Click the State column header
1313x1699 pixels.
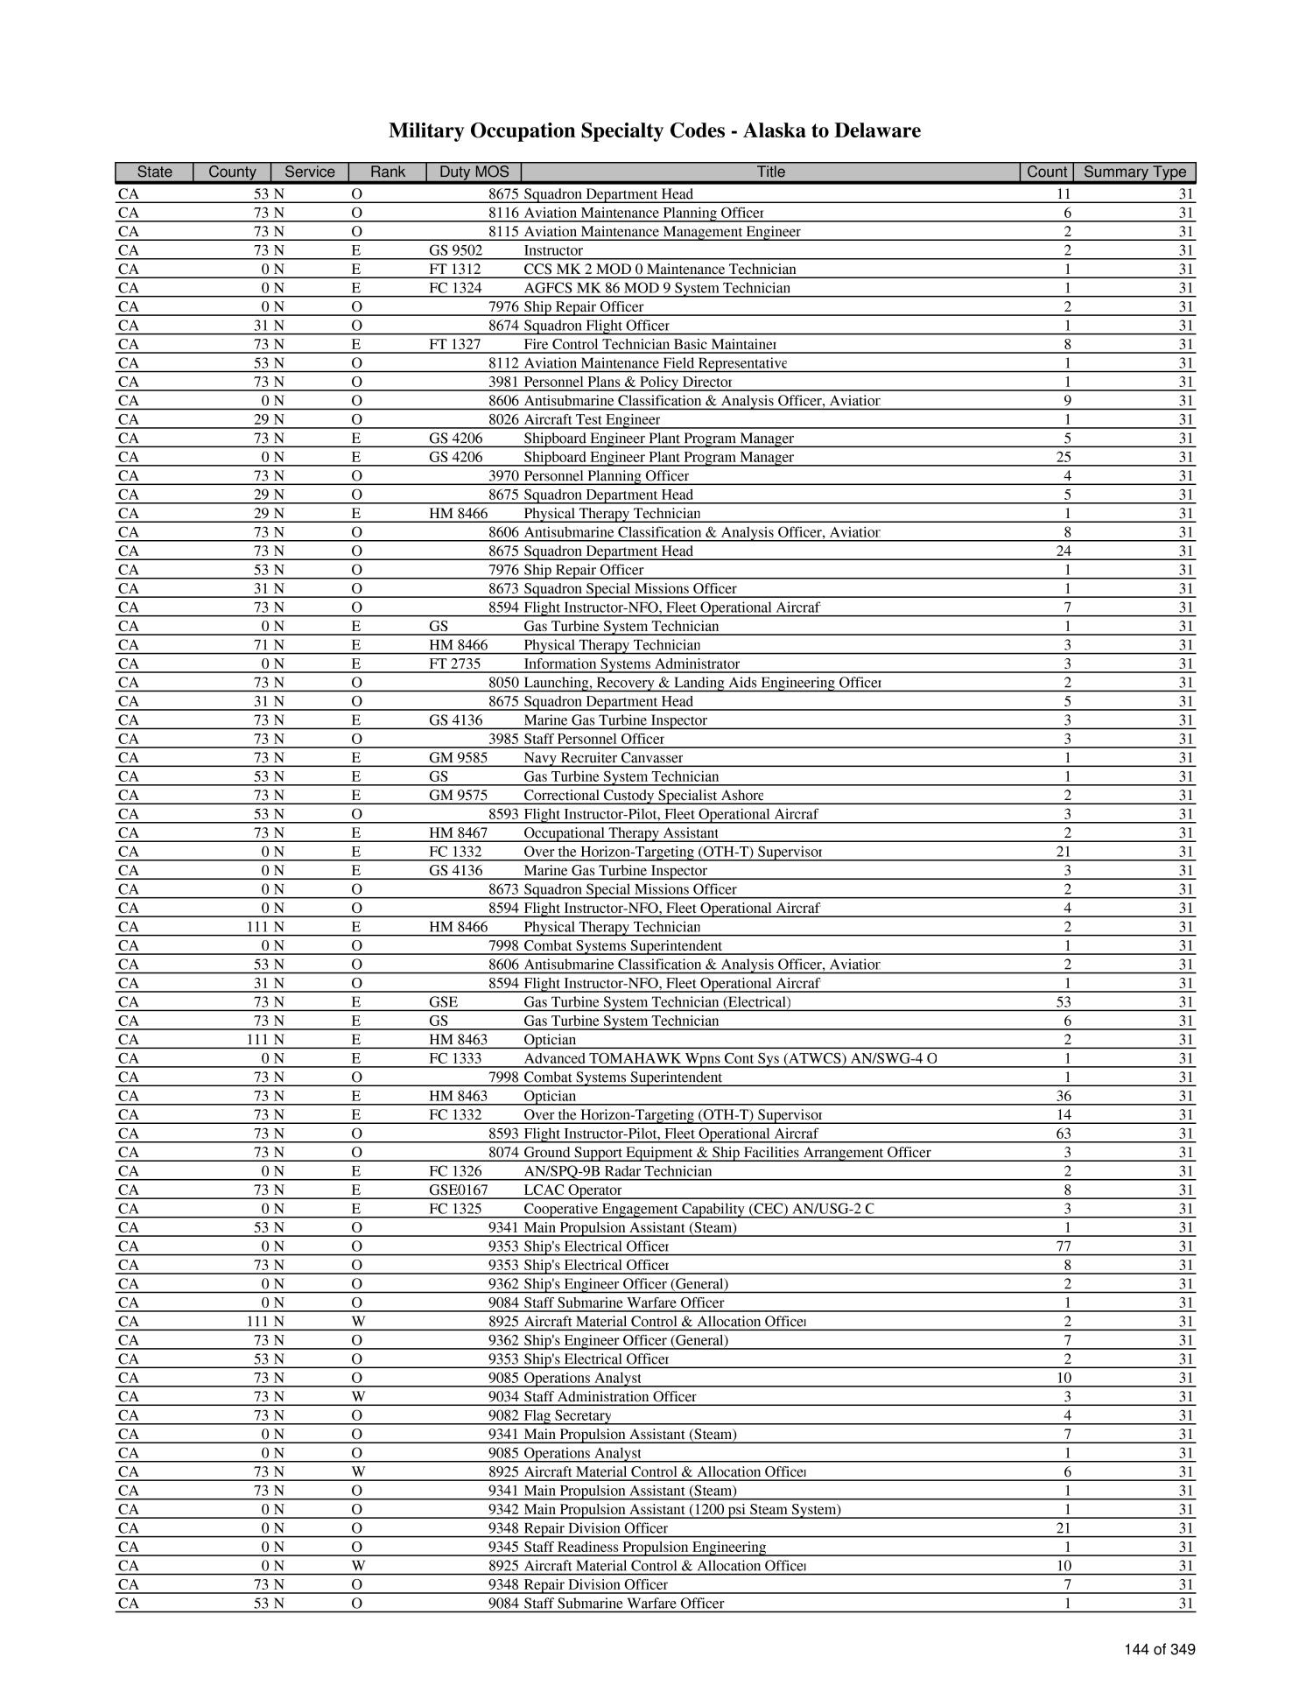(x=154, y=172)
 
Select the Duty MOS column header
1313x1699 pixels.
(x=474, y=172)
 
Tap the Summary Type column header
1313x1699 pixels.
(x=1134, y=172)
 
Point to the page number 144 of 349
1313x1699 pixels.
(x=1160, y=1649)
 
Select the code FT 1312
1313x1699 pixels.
(x=454, y=270)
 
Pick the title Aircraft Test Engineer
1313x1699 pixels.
(x=592, y=419)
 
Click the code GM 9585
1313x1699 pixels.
(x=458, y=758)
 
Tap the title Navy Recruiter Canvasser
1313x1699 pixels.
(x=603, y=758)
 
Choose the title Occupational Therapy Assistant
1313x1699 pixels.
(x=621, y=833)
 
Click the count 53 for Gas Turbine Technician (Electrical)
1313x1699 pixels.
(x=1064, y=1002)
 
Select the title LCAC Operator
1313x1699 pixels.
(x=572, y=1190)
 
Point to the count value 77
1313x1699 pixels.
(x=1064, y=1246)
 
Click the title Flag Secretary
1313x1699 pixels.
(x=567, y=1415)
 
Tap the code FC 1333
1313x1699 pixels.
(x=455, y=1058)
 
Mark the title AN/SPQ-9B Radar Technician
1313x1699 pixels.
(x=617, y=1171)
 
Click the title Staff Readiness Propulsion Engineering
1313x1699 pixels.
(x=644, y=1547)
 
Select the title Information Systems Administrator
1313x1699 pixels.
(x=631, y=663)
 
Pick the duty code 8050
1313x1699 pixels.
(x=503, y=683)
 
